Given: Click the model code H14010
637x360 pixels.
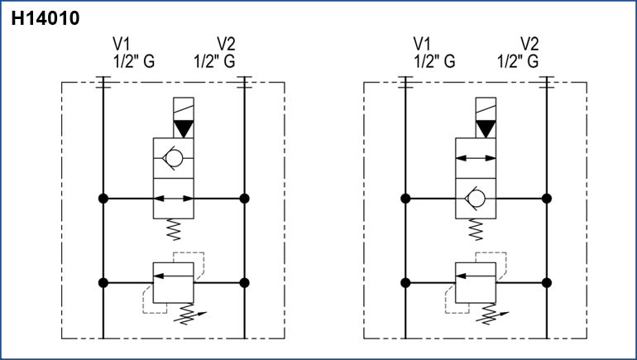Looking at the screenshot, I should (x=45, y=19).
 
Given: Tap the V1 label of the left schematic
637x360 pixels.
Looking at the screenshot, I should (x=122, y=44).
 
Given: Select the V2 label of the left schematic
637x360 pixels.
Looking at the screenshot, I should (x=226, y=44).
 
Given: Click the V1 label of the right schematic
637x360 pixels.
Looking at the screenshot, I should (x=422, y=44).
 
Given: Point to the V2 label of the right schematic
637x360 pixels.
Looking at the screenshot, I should (x=529, y=44).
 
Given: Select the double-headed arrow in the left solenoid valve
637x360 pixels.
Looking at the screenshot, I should (x=174, y=199).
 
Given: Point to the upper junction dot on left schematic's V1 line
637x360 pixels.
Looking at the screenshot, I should (x=103, y=199).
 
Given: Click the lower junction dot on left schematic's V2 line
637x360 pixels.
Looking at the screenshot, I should (x=244, y=282).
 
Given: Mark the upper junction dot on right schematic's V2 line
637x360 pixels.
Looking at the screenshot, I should (x=546, y=199).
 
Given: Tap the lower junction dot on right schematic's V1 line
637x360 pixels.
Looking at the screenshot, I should (x=405, y=282).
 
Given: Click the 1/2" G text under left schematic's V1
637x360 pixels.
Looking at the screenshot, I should (x=133, y=61).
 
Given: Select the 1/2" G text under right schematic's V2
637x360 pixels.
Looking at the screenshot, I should (x=518, y=61).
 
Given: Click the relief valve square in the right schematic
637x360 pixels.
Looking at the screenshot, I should (x=477, y=282).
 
